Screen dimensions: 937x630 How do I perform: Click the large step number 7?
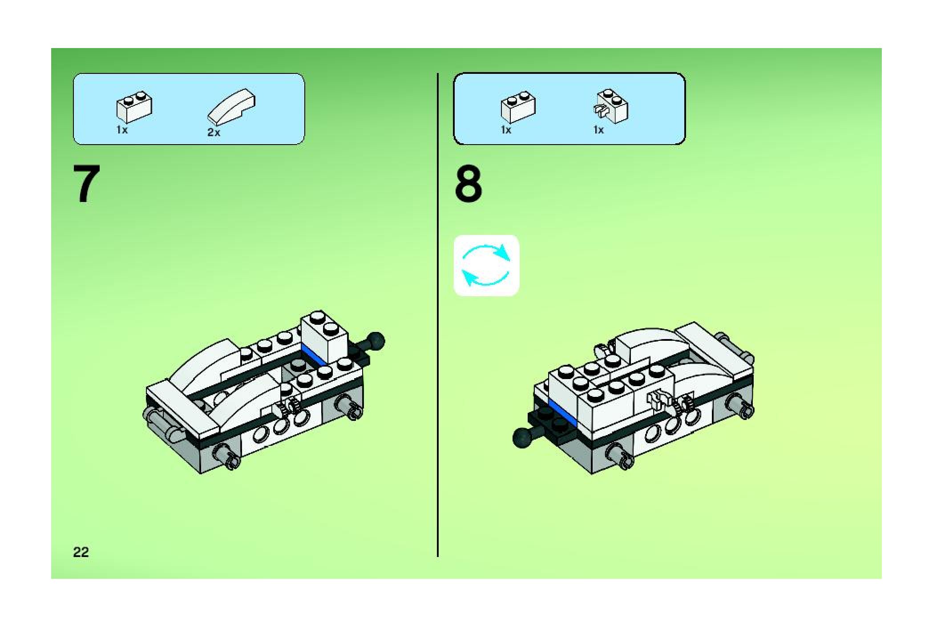[87, 184]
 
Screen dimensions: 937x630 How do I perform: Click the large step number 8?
[468, 184]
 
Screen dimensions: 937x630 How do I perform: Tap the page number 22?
[81, 552]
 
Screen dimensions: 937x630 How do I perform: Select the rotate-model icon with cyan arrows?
[486, 266]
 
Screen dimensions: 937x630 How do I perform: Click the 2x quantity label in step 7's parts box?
[214, 133]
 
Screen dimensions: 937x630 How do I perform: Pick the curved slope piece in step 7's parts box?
[231, 106]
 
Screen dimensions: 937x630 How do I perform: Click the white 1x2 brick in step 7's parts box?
[134, 107]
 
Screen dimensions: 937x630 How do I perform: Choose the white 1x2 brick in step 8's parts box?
[518, 107]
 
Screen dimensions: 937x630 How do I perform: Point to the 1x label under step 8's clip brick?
[598, 130]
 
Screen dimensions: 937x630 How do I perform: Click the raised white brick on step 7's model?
[324, 337]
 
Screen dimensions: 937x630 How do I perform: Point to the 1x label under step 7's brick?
[122, 130]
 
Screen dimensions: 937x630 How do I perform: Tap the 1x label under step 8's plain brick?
[506, 130]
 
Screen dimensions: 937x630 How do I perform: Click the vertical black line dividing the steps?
[438, 315]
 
